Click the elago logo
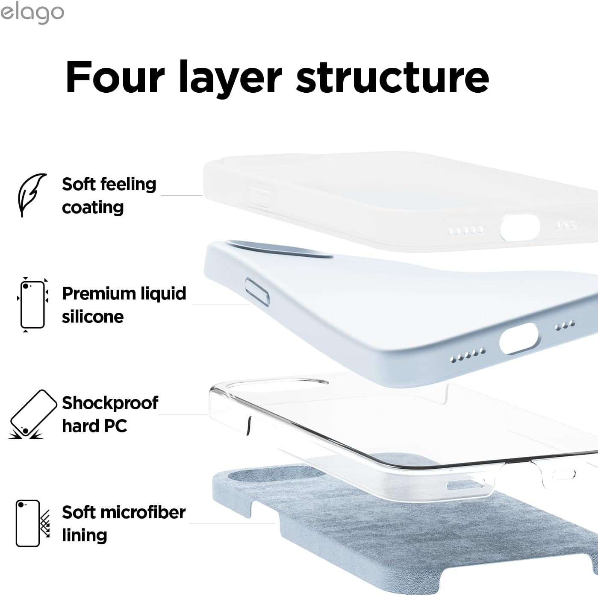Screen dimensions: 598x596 (x=32, y=13)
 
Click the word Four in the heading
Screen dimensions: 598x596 (x=115, y=76)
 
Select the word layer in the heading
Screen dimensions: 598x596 (x=230, y=79)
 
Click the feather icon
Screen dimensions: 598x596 (x=31, y=195)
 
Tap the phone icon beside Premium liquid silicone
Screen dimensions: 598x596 (x=32, y=304)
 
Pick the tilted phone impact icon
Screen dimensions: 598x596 (x=33, y=414)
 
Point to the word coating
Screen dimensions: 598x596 (x=93, y=208)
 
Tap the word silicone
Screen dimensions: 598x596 (x=93, y=317)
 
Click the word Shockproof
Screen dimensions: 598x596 (x=110, y=403)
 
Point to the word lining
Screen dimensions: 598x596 (x=84, y=536)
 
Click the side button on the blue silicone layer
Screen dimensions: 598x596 (x=257, y=292)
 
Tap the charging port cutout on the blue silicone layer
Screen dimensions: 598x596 (x=519, y=338)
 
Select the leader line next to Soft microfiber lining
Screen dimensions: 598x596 (x=232, y=523)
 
